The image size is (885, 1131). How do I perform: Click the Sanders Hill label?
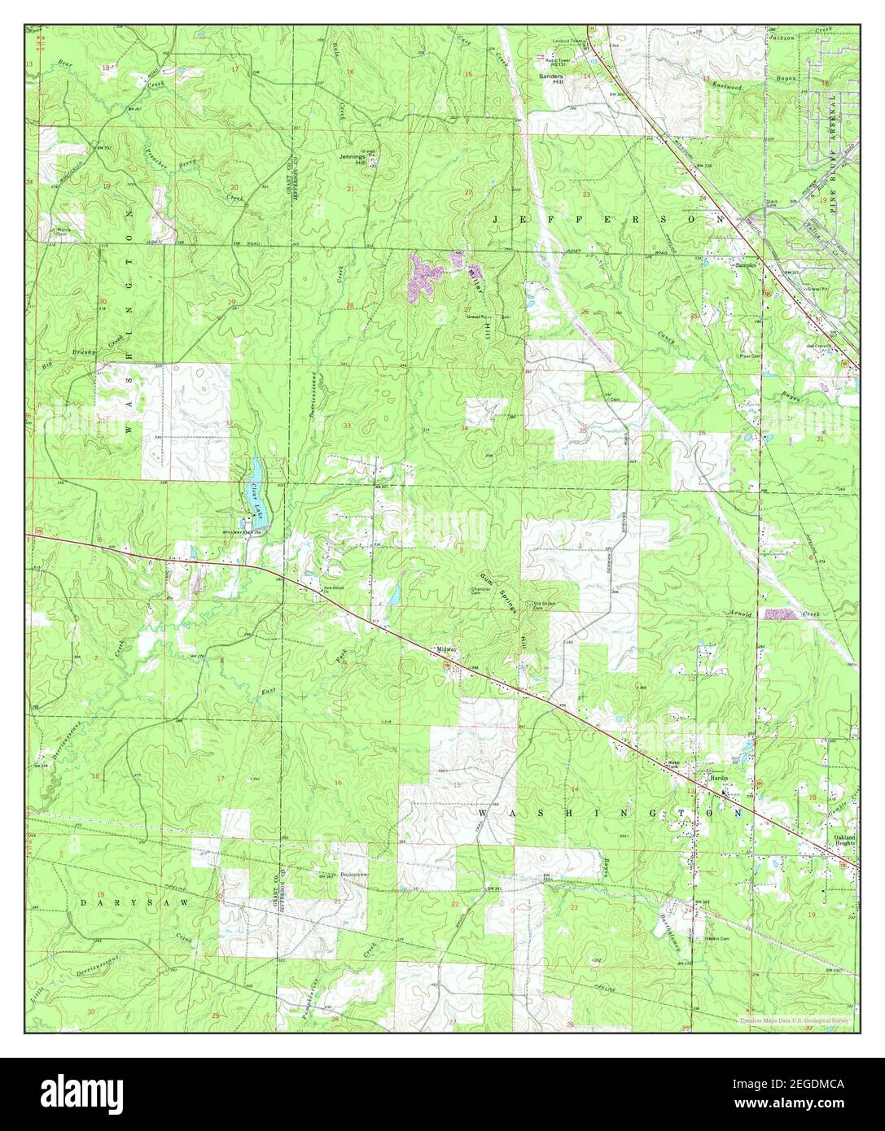pos(553,78)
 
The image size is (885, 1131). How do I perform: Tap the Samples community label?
pos(746,265)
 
